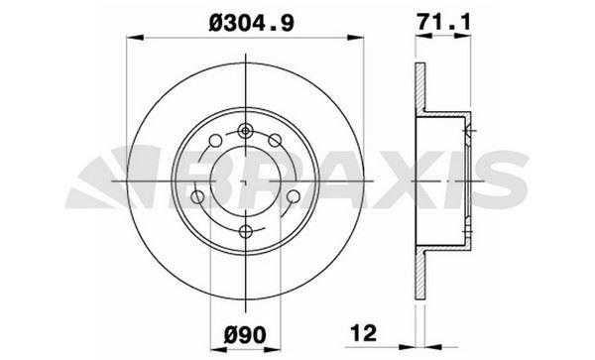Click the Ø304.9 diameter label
pos(241,16)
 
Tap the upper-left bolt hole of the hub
pos(209,141)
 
